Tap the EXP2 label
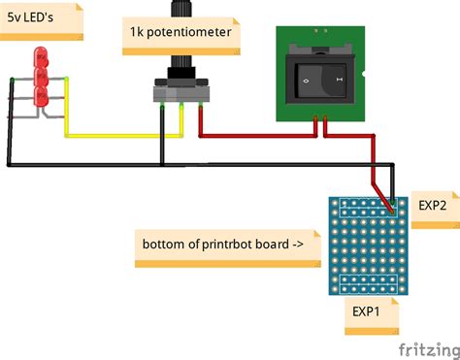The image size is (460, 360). click(x=432, y=206)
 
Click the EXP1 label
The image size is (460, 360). click(x=366, y=311)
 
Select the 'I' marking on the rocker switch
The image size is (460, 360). click(x=339, y=75)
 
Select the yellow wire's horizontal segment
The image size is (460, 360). click(x=112, y=135)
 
